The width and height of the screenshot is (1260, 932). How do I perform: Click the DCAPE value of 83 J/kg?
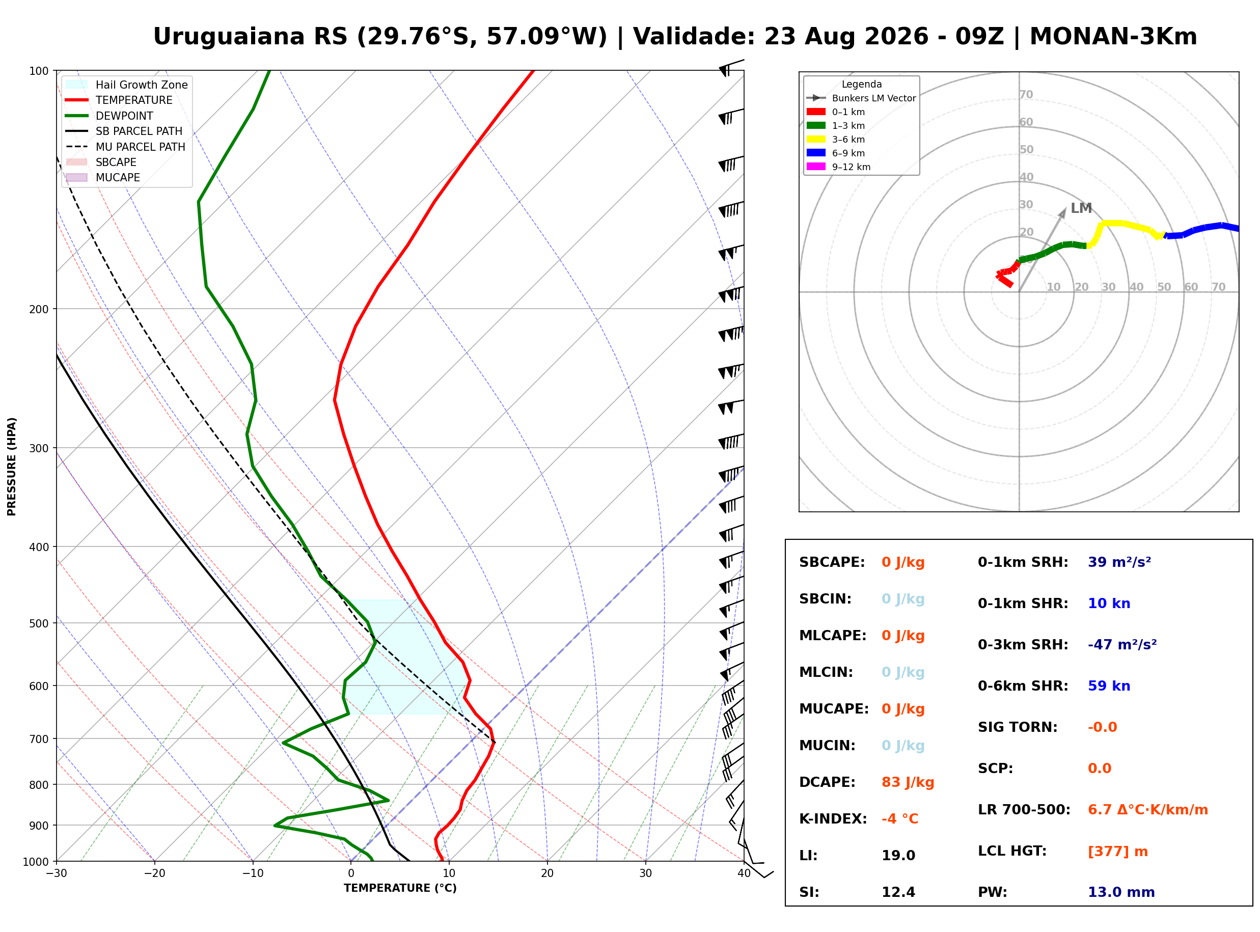tap(908, 782)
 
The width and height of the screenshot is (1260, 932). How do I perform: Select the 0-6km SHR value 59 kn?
tap(1109, 686)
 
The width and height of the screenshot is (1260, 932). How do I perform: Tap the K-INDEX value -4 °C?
tap(899, 819)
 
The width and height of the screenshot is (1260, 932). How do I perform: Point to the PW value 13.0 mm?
tap(1121, 892)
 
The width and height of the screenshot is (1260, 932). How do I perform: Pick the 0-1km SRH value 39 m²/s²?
tap(1119, 562)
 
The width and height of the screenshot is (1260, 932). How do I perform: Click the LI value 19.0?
tap(898, 856)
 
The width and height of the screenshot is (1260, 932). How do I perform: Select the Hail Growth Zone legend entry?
tap(127, 85)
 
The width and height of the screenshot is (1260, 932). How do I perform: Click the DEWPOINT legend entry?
tap(109, 116)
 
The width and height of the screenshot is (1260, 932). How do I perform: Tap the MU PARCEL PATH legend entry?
tap(125, 147)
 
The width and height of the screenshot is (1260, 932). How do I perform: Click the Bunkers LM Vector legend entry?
tap(861, 98)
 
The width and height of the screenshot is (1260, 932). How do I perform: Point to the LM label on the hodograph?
tap(1081, 208)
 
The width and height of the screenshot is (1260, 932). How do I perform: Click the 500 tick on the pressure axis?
tap(39, 623)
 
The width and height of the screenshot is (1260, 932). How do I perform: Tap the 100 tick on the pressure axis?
tap(39, 71)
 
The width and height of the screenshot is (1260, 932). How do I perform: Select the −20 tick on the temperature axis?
tap(154, 874)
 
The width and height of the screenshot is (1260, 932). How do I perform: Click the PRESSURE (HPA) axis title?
tap(12, 467)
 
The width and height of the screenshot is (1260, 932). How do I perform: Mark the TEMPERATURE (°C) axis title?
tap(400, 889)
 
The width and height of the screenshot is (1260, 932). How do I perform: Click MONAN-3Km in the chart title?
tap(1113, 37)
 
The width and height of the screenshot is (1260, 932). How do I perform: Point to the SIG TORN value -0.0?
tap(1102, 727)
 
